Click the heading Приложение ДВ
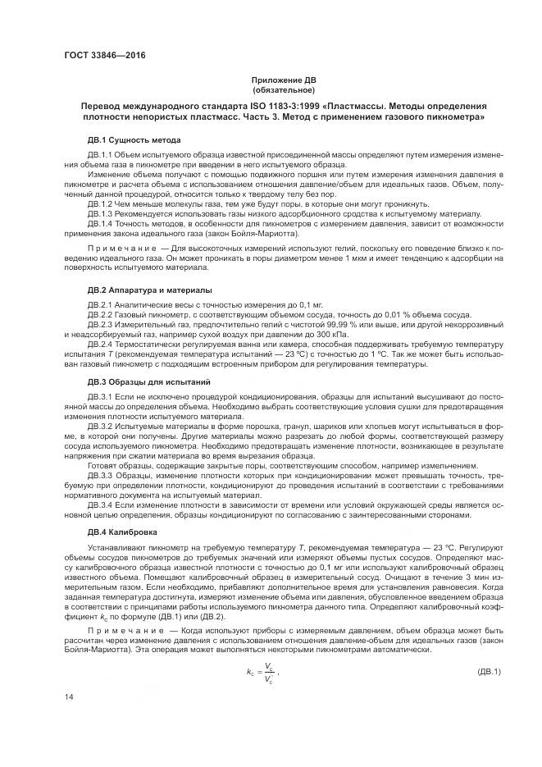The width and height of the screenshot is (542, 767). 283,80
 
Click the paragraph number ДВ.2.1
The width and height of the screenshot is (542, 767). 99,305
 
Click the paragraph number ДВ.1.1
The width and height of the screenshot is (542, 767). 99,155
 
